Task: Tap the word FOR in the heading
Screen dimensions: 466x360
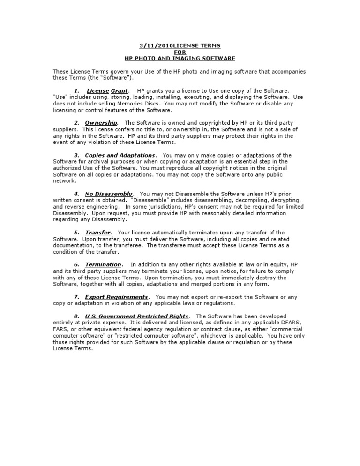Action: click(180, 52)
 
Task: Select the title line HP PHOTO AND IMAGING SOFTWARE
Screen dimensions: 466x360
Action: click(180, 59)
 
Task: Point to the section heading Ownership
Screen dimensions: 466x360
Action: click(101, 123)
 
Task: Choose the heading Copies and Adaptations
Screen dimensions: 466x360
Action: click(120, 155)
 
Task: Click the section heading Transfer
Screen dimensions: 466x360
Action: click(97, 233)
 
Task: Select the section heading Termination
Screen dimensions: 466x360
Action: click(103, 265)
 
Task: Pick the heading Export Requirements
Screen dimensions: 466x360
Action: click(116, 297)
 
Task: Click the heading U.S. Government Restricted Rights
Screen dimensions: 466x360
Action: click(137, 316)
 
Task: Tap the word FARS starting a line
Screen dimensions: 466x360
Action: click(60, 330)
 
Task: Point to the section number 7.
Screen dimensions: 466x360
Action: click(76, 297)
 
